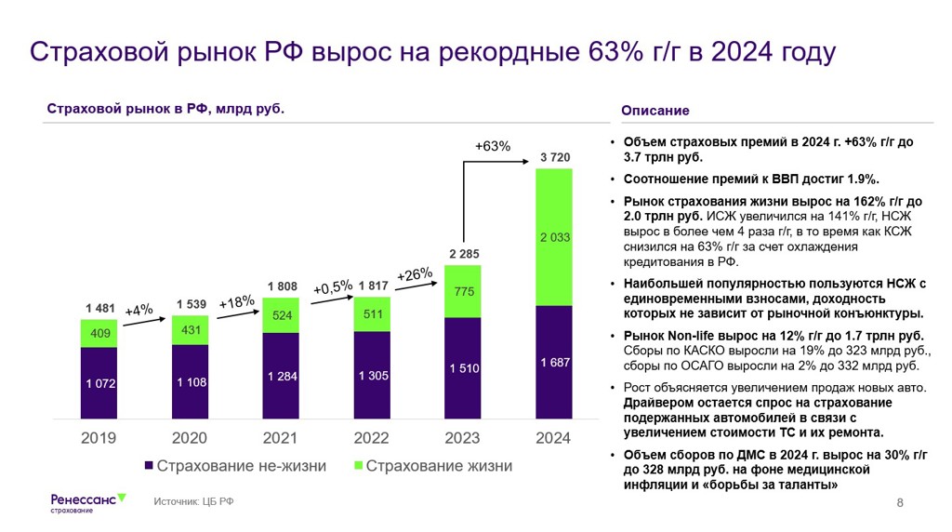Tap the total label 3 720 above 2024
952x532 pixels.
click(555, 157)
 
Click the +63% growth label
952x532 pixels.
click(493, 146)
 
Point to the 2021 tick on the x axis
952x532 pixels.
click(281, 437)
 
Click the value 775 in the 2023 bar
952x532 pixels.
click(464, 291)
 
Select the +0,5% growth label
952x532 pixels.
click(333, 287)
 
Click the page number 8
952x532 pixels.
click(900, 503)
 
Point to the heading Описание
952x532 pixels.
click(655, 111)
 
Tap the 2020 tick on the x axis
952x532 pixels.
click(190, 437)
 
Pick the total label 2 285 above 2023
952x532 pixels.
click(464, 253)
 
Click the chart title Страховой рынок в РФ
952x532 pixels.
click(165, 109)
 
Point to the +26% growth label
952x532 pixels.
click(415, 274)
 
